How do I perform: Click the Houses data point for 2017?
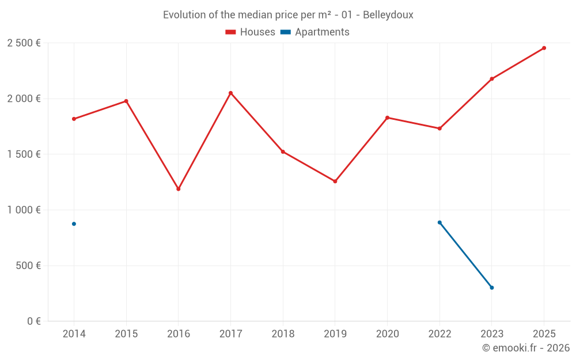tap(230, 93)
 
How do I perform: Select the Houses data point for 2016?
tap(179, 189)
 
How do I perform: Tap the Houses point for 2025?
tap(544, 48)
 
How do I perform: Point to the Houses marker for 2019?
tap(335, 181)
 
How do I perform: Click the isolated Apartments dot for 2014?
tap(74, 224)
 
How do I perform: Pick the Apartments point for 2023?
tap(491, 287)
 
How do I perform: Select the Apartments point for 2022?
tap(439, 222)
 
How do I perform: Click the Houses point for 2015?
tap(126, 101)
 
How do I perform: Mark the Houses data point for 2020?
tap(387, 118)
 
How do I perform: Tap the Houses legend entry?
tap(250, 32)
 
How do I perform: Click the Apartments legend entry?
tap(314, 32)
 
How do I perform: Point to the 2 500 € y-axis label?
tap(24, 43)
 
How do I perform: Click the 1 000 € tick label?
tap(24, 210)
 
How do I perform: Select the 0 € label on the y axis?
tap(32, 321)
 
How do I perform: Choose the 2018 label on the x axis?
tap(283, 334)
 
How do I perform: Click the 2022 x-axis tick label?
tap(439, 334)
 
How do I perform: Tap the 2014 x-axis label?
tap(74, 334)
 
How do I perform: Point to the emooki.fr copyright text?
tap(525, 348)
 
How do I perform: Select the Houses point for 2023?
tap(491, 79)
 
